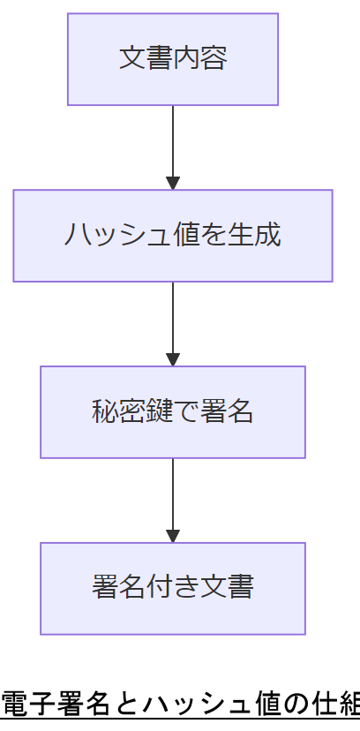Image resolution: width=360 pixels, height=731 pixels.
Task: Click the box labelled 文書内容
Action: [173, 59]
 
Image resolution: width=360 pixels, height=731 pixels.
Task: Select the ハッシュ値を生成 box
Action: [173, 236]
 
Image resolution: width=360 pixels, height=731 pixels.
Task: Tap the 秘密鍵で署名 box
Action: [173, 412]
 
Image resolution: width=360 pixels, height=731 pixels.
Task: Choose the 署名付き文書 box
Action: [173, 589]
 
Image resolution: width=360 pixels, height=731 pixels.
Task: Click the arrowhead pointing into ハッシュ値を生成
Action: [173, 184]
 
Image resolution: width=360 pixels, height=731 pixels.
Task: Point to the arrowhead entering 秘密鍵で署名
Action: [173, 360]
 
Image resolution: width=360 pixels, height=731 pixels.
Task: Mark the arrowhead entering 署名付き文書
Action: [173, 537]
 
